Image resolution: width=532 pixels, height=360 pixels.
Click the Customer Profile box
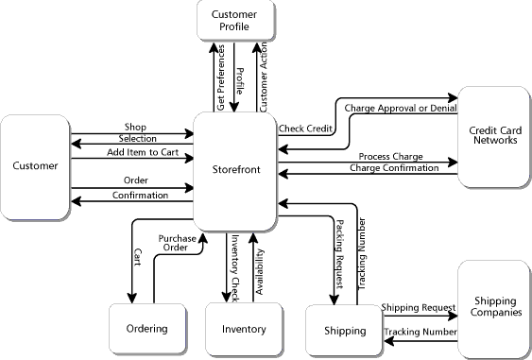235,20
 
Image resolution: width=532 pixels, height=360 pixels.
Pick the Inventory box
243,329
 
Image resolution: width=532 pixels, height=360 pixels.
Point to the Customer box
35,166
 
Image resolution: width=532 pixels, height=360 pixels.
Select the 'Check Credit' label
305,128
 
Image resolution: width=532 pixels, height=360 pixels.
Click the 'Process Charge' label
390,156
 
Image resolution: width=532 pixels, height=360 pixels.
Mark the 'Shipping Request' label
418,307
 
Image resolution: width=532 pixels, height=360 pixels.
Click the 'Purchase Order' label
177,244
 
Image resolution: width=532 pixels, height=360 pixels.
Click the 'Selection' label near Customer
138,139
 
